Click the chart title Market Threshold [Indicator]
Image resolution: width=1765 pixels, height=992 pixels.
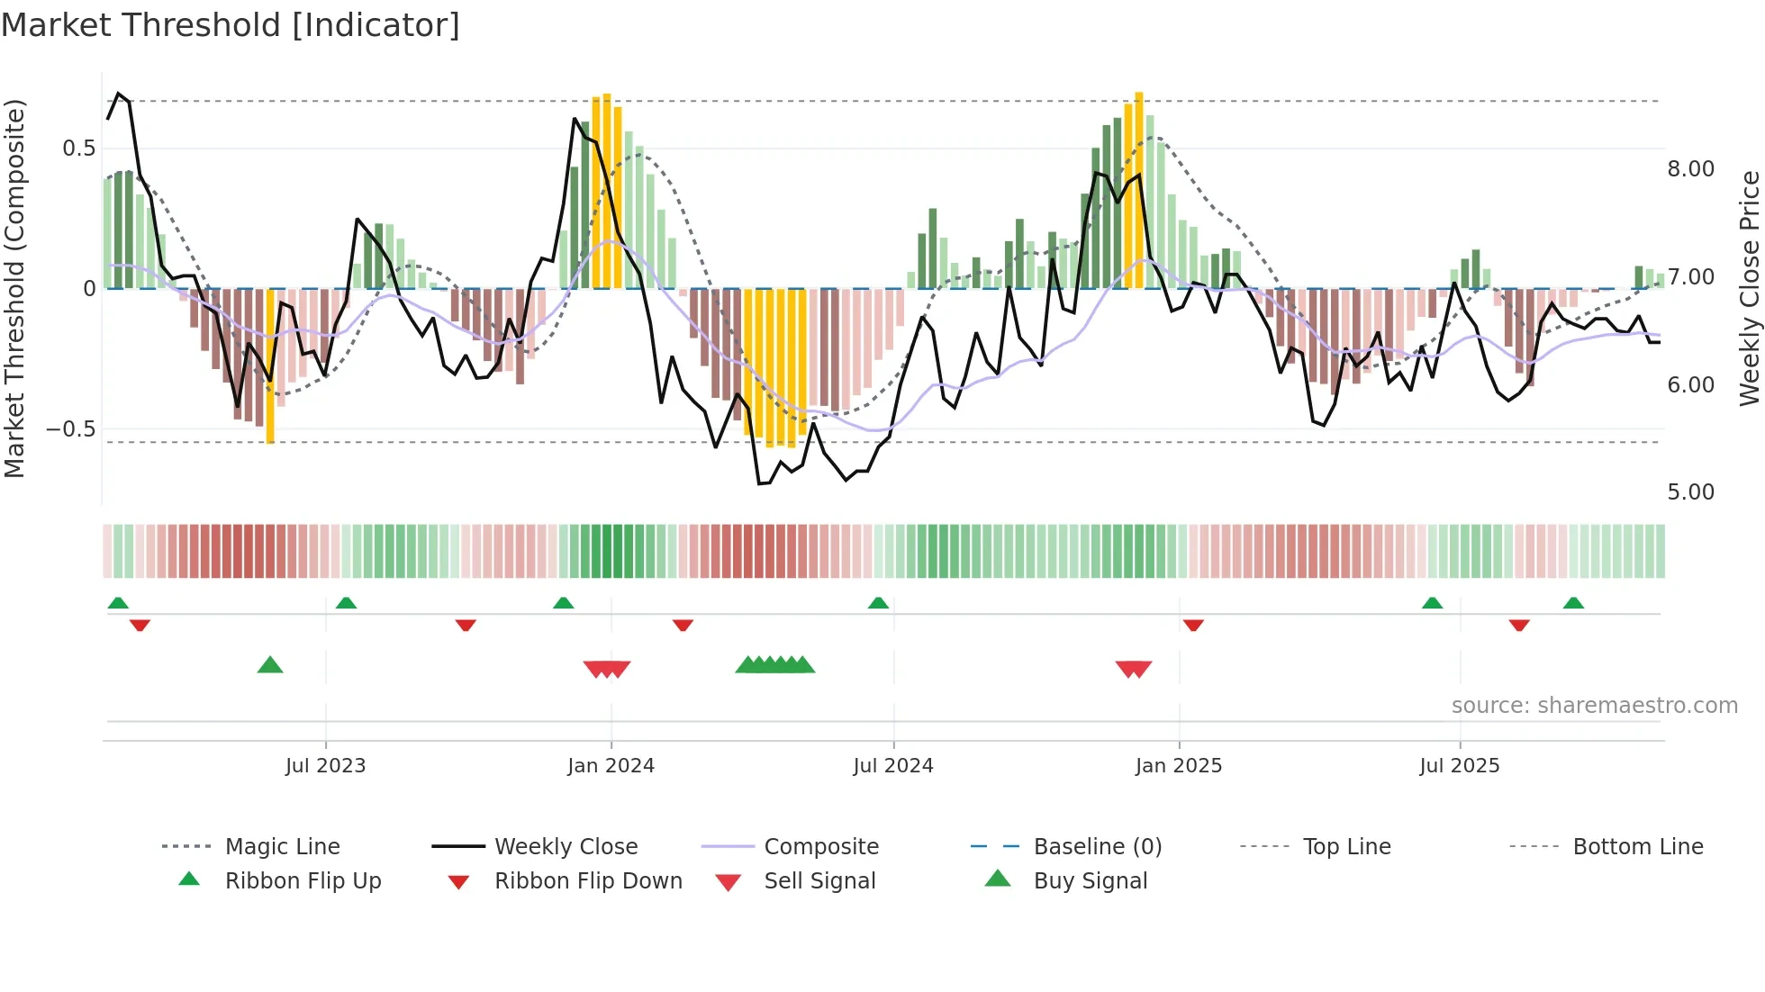pyautogui.click(x=231, y=25)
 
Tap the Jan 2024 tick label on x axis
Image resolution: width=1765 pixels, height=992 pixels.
pyautogui.click(x=611, y=766)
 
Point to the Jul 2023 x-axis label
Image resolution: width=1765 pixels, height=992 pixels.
pyautogui.click(x=325, y=766)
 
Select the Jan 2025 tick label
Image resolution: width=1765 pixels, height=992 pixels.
pyautogui.click(x=1178, y=766)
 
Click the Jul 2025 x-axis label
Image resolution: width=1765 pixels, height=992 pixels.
pyautogui.click(x=1459, y=766)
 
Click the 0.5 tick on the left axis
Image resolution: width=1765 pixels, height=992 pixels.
pyautogui.click(x=78, y=149)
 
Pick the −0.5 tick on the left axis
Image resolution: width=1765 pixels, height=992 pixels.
pyautogui.click(x=71, y=429)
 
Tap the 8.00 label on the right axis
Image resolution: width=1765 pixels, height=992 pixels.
pyautogui.click(x=1690, y=169)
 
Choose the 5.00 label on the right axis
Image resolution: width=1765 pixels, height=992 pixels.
pyautogui.click(x=1690, y=492)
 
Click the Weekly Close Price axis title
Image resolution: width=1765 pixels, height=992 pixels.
pyautogui.click(x=1749, y=288)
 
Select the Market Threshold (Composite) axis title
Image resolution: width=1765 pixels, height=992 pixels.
pyautogui.click(x=14, y=288)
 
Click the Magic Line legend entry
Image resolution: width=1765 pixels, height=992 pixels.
pyautogui.click(x=282, y=847)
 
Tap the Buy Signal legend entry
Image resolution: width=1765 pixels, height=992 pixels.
pyautogui.click(x=1090, y=881)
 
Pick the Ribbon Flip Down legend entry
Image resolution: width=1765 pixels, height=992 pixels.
pyautogui.click(x=588, y=881)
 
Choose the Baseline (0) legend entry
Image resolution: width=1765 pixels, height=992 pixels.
pyautogui.click(x=1097, y=847)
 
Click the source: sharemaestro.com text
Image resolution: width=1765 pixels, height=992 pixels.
pyautogui.click(x=1594, y=706)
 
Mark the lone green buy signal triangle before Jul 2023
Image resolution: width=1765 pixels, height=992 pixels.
pyautogui.click(x=270, y=665)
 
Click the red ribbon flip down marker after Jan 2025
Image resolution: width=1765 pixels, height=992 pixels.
pyautogui.click(x=1193, y=625)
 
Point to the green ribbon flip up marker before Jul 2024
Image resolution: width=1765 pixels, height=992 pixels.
pyautogui.click(x=878, y=602)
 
